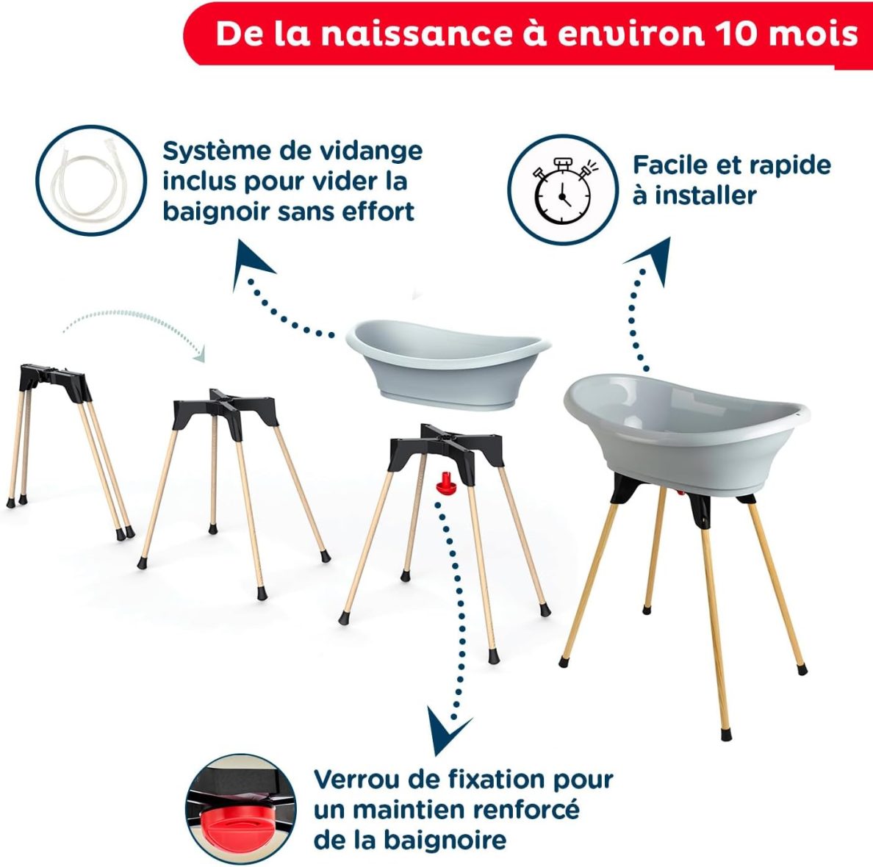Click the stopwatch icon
coord(562,190)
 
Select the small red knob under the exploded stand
coord(445,483)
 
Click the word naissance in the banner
coord(415,35)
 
